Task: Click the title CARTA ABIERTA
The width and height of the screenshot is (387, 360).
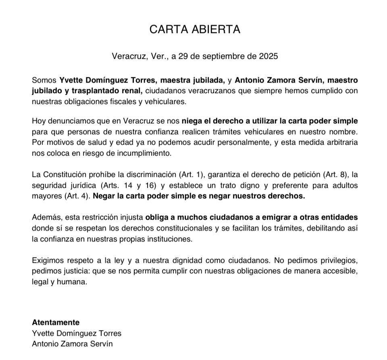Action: click(195, 29)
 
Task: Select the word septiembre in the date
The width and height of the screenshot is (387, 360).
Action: click(225, 56)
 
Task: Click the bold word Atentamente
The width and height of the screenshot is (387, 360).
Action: click(56, 323)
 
